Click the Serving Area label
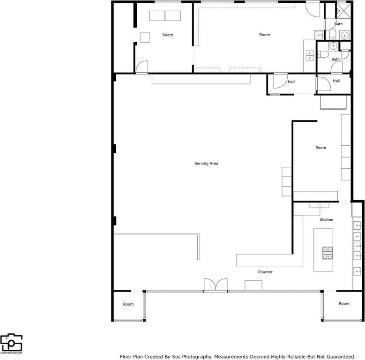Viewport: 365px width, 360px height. tap(206, 164)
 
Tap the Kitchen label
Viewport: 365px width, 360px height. tap(327, 219)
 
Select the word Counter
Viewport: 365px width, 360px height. tap(265, 272)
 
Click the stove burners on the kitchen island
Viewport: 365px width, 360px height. tap(328, 253)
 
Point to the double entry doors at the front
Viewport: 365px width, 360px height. tap(216, 285)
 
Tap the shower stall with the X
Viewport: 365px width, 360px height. tap(343, 11)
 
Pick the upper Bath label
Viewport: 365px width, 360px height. tap(338, 24)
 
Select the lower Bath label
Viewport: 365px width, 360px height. tap(335, 60)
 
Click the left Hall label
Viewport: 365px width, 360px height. tap(291, 82)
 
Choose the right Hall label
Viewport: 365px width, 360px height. tap(336, 81)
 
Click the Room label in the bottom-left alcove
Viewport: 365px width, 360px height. tap(128, 304)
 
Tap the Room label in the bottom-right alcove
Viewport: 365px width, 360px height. tap(344, 303)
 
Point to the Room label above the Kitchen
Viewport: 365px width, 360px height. tap(321, 148)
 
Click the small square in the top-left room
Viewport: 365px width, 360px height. tap(145, 37)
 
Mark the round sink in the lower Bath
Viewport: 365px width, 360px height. tap(334, 45)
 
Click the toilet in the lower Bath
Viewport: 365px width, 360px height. tap(323, 54)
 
